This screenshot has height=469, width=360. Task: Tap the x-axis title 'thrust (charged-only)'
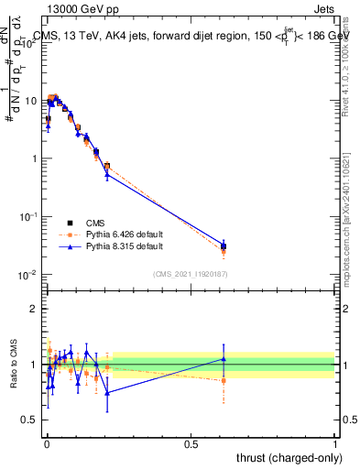tap(284, 457)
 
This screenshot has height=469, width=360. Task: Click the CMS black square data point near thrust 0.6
tap(224, 245)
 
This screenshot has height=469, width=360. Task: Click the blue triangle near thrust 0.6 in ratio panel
tap(224, 359)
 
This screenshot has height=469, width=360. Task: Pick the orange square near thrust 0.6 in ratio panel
tap(224, 380)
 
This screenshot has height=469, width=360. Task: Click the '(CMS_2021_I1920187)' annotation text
tap(191, 273)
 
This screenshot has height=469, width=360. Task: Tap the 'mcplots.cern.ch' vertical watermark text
tap(347, 220)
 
